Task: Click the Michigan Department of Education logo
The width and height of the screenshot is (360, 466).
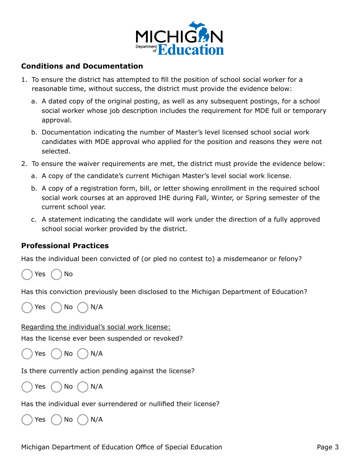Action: coord(180,38)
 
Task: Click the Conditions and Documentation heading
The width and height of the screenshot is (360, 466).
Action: coord(82,66)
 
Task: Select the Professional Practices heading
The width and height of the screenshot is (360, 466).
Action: coord(65,246)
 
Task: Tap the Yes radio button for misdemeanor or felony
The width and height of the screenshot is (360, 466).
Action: coord(27,274)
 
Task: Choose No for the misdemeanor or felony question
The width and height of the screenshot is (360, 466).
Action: coord(56,274)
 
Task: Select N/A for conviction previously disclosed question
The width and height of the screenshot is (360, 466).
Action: coord(83,307)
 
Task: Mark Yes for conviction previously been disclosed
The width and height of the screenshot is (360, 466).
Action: coord(27,307)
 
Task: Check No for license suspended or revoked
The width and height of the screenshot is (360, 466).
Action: coord(56,354)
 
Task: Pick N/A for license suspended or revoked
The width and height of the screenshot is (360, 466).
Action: coord(83,354)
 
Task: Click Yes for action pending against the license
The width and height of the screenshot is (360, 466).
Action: coord(27,387)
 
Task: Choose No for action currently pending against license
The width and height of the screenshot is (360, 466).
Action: coord(56,387)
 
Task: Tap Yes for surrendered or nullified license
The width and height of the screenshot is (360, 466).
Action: coord(27,420)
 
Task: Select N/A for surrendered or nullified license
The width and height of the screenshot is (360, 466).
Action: coord(83,420)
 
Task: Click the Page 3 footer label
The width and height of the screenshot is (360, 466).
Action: coord(327,447)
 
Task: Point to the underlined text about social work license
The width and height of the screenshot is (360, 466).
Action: coord(96,327)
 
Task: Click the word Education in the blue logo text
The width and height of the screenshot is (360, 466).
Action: coord(191,50)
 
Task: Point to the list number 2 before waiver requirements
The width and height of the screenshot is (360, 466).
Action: coord(24,164)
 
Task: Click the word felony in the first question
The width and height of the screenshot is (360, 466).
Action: coord(291,259)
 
